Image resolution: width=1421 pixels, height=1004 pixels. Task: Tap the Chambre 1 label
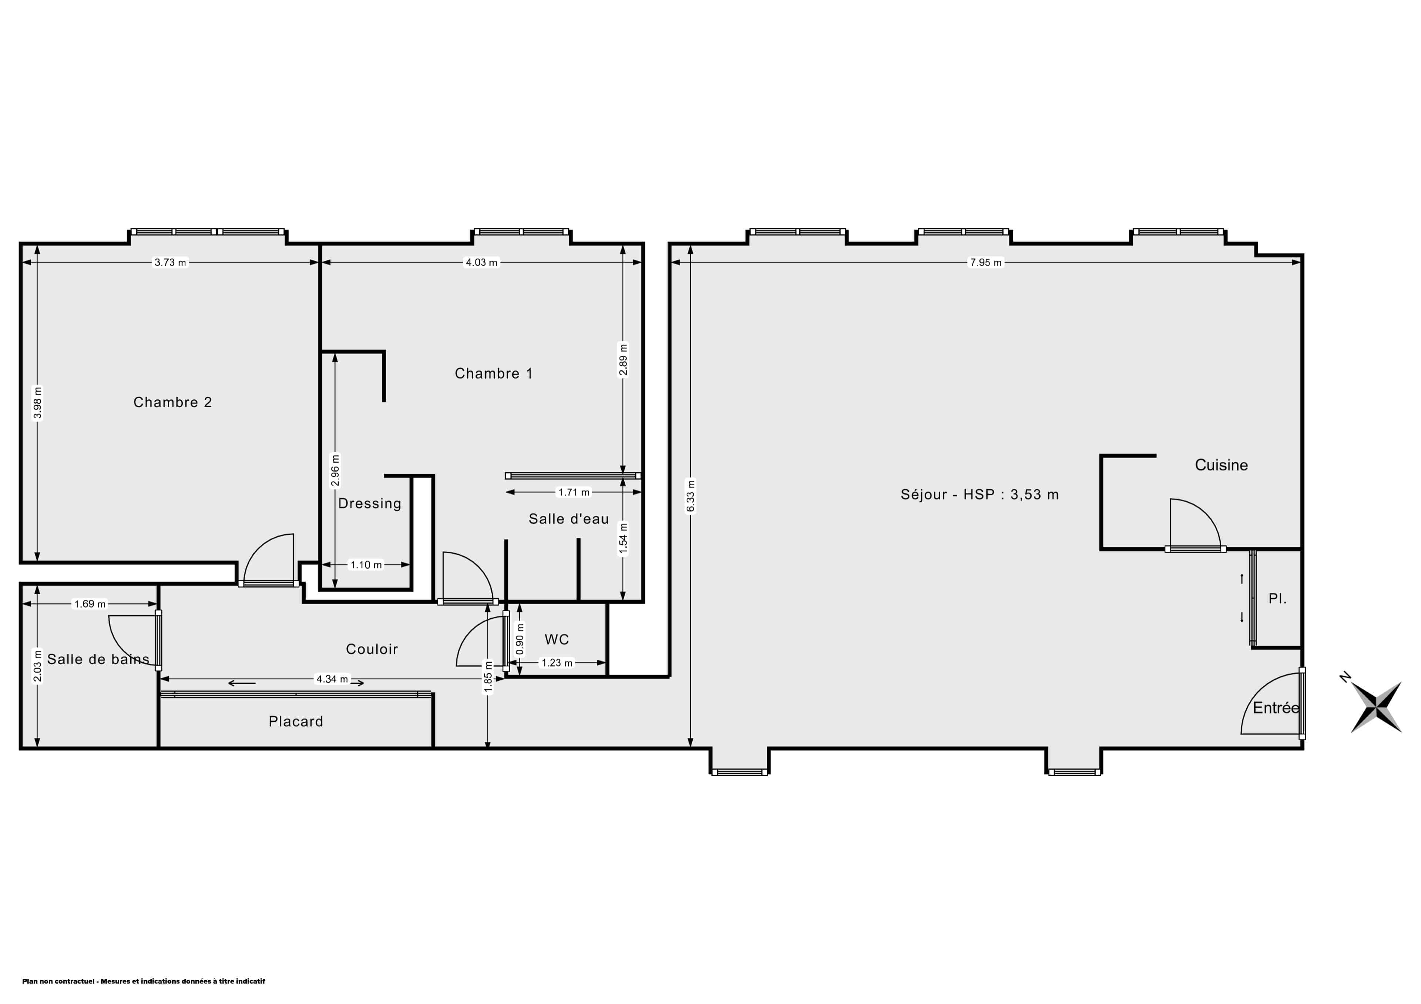493,373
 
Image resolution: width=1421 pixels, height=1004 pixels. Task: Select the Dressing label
369,504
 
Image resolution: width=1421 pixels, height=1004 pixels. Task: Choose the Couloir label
371,649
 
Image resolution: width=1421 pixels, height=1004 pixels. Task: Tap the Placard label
296,721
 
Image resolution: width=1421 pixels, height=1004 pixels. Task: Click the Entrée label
1276,708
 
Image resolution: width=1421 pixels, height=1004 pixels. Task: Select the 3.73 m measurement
170,262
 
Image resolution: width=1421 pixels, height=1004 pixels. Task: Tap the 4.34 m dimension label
332,679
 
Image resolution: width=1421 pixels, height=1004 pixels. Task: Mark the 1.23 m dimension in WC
557,663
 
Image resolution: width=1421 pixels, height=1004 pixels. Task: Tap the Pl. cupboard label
1277,599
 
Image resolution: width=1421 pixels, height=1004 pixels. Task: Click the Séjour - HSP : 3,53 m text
980,494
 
